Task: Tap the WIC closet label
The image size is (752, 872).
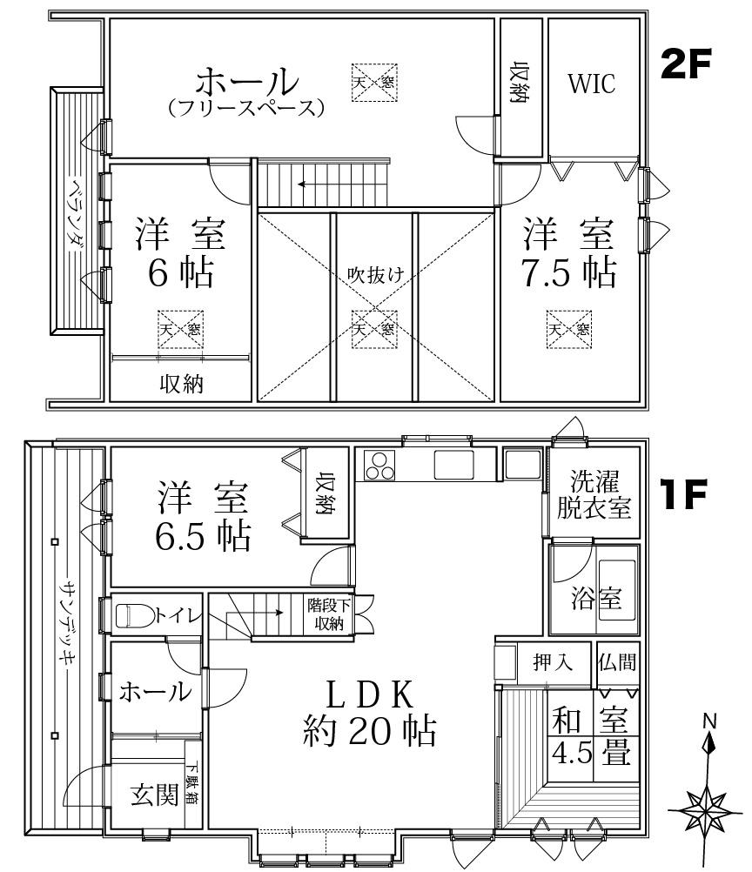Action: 592,84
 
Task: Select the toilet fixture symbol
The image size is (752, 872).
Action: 134,616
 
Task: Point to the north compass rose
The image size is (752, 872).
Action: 707,806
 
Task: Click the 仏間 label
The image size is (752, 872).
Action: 617,661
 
